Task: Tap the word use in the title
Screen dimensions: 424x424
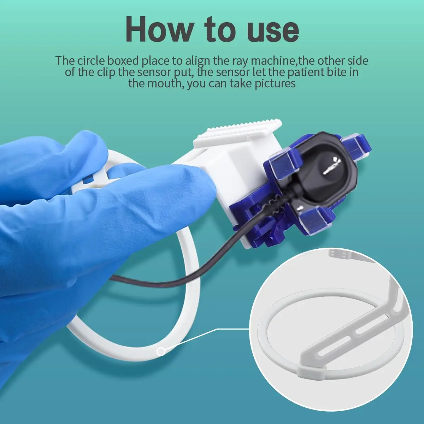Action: [268, 30]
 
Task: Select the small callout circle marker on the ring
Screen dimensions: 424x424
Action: [161, 351]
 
